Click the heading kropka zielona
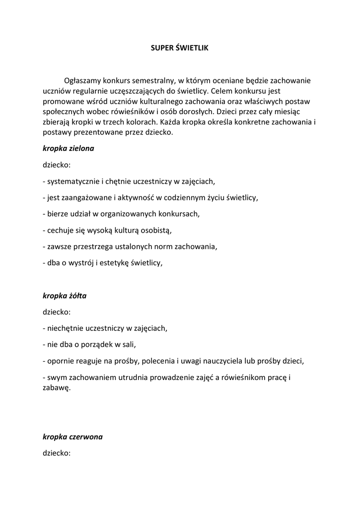point(69,148)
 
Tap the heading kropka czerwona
point(72,437)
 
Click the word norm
point(165,247)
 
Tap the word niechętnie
point(64,328)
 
